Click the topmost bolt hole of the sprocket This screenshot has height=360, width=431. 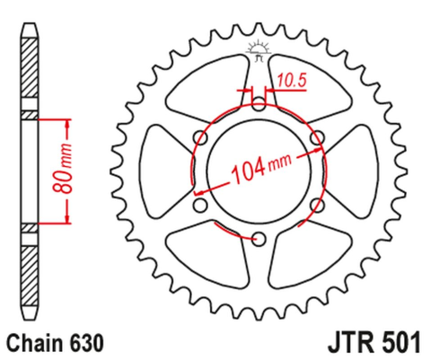click(259, 100)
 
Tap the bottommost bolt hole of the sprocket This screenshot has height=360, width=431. click(259, 238)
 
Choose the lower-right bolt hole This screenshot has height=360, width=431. click(315, 206)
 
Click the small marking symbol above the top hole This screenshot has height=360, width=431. click(259, 50)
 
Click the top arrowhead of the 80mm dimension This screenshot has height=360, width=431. click(67, 121)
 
